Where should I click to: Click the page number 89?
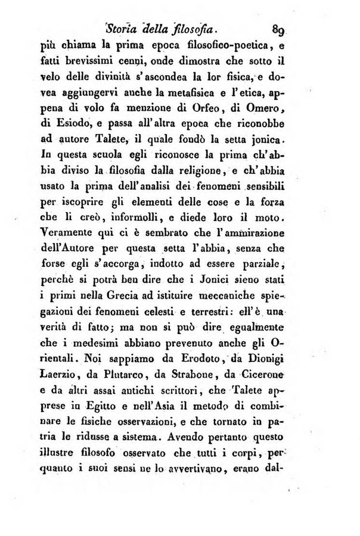279,27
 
